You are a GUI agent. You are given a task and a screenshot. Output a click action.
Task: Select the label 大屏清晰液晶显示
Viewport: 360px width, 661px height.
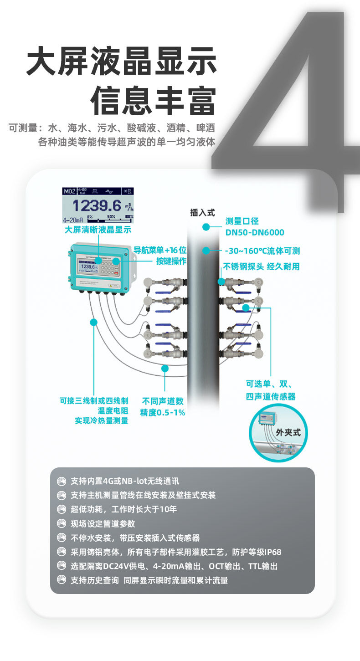tap(98, 230)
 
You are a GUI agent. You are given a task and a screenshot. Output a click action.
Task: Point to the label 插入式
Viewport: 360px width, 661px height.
tap(202, 213)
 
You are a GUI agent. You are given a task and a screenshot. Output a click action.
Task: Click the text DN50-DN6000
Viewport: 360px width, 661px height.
tap(254, 233)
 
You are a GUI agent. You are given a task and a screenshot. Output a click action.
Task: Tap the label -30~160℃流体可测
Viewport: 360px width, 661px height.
tap(262, 251)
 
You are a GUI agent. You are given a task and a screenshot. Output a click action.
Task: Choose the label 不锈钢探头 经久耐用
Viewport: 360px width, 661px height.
tap(261, 266)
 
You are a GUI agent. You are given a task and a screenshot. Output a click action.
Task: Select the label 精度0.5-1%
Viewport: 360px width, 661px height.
tap(162, 413)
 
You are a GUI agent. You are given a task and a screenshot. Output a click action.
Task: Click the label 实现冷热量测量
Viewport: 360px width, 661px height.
tap(101, 421)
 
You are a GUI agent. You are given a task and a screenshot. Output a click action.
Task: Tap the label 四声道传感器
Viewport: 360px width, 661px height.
tap(271, 397)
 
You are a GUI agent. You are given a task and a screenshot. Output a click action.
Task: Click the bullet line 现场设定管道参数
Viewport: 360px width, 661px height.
tap(103, 524)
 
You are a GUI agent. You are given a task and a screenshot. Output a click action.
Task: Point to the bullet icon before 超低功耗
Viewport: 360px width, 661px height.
tap(62, 509)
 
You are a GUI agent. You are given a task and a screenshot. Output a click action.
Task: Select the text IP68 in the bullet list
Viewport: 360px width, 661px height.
tap(272, 552)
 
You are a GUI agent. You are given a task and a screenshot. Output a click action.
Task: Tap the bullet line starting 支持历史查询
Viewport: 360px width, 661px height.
tap(149, 580)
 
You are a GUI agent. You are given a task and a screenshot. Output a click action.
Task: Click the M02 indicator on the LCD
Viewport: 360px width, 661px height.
tap(69, 191)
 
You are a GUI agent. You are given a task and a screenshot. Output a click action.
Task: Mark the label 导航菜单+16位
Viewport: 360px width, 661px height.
tap(159, 251)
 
